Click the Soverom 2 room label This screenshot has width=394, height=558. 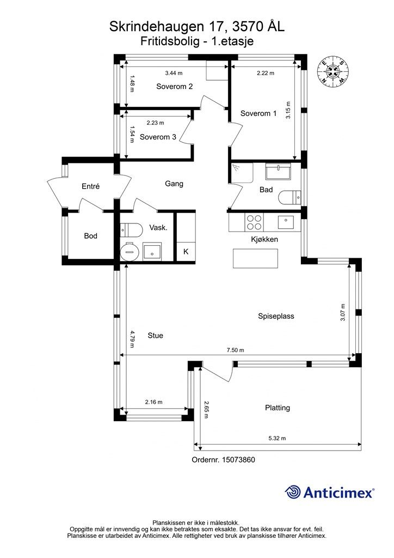tap(175, 87)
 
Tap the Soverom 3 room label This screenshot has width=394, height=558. tap(158, 137)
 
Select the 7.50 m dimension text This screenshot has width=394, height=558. tap(236, 350)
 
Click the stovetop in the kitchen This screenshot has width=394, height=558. tap(254, 222)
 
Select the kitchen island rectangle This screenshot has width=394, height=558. tap(255, 258)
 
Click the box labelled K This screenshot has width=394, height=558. tap(186, 252)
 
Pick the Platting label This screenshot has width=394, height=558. tap(278, 408)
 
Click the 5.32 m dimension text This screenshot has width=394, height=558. tap(277, 439)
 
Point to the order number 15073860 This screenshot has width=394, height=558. tap(238, 460)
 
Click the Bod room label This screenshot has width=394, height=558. tap(90, 235)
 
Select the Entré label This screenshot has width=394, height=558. tap(90, 186)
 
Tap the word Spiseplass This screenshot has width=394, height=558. tap(276, 317)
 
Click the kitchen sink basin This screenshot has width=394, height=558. tap(286, 222)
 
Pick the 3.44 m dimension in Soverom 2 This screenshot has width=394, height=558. tap(174, 74)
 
